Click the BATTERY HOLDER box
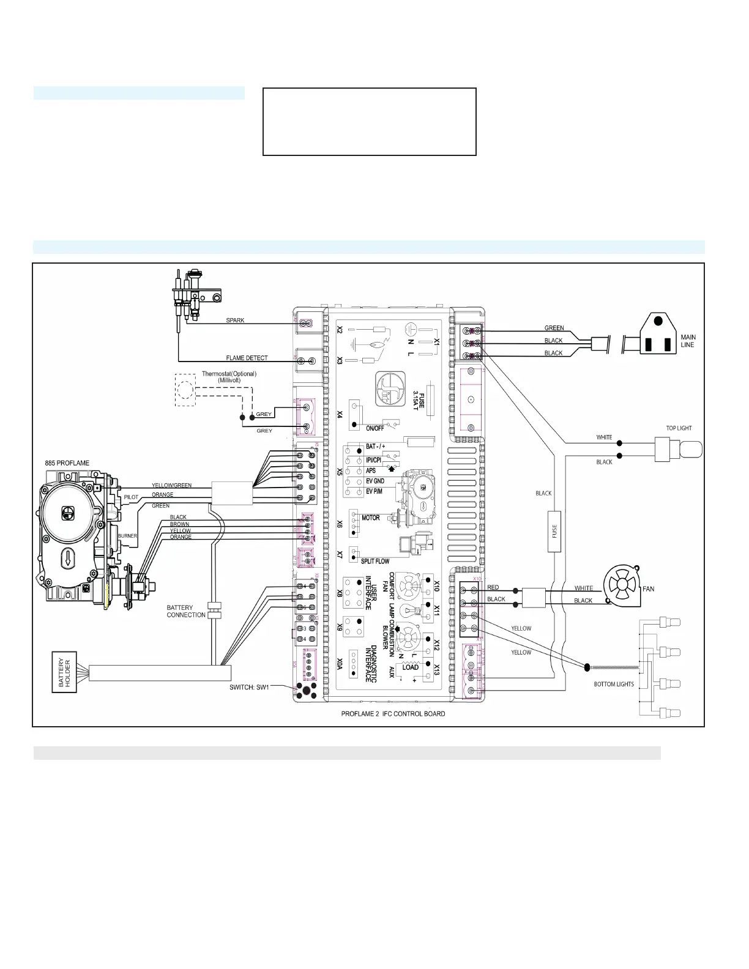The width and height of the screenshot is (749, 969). [64, 672]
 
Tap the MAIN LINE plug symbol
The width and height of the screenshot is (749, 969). [658, 335]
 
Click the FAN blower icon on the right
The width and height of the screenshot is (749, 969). [622, 587]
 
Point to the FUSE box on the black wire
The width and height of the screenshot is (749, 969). [554, 531]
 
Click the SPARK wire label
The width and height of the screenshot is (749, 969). [235, 321]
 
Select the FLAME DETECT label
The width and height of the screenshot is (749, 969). [247, 358]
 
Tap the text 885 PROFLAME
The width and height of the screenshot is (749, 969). [67, 463]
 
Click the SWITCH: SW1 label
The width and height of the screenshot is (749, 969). [249, 687]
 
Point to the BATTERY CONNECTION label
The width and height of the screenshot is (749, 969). [186, 611]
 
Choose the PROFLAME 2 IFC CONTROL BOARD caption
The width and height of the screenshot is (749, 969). [393, 714]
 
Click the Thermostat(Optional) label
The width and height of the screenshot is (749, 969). [229, 374]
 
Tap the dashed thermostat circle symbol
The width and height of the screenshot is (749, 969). [185, 390]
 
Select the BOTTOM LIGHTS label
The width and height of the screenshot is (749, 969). [614, 684]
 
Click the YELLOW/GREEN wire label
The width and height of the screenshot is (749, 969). [171, 485]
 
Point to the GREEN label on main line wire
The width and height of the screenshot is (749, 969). [554, 328]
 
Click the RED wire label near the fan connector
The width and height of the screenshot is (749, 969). [493, 587]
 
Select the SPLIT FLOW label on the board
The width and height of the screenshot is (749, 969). [375, 561]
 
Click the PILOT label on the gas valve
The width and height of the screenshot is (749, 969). [131, 497]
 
